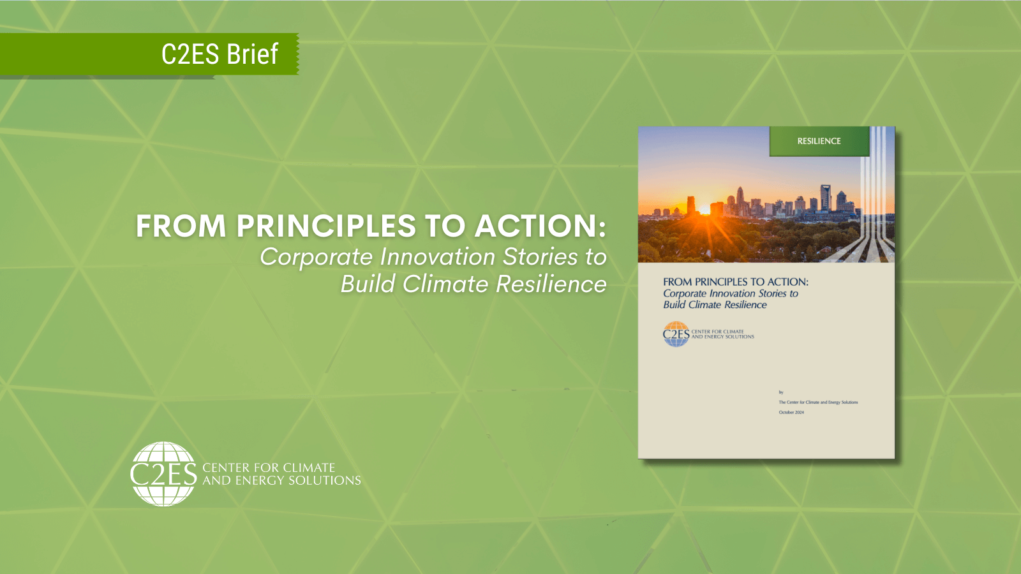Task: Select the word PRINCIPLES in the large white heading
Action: click(326, 226)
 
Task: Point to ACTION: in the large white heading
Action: click(540, 226)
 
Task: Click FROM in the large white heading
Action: click(181, 226)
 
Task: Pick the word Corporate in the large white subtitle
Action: click(316, 257)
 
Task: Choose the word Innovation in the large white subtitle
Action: click(438, 257)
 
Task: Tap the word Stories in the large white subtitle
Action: click(540, 257)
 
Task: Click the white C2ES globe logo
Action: click(163, 474)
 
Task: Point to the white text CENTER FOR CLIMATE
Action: click(269, 467)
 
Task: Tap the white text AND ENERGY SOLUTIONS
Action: click(281, 480)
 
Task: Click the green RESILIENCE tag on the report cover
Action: click(819, 141)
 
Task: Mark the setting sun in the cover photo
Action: click(704, 209)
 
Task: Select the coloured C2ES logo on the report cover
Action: click(676, 334)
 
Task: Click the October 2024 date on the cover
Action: click(791, 413)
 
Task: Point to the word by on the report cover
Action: click(781, 392)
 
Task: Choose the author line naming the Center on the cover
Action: click(818, 402)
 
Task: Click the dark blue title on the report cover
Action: click(735, 282)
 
